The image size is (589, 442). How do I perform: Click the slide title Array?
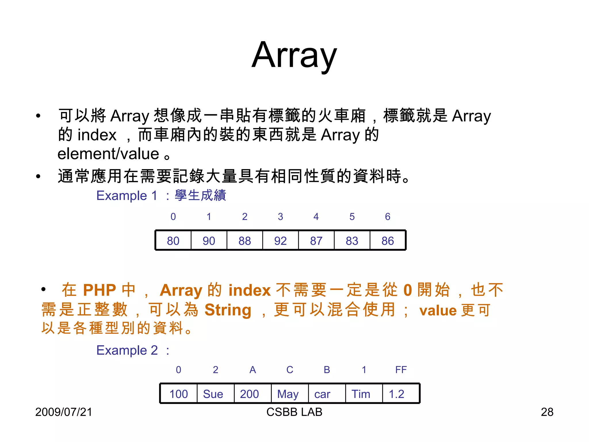click(x=294, y=55)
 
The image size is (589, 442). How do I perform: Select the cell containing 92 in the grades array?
click(x=280, y=241)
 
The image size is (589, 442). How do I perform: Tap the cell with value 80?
click(x=173, y=241)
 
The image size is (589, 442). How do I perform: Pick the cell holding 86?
click(x=387, y=241)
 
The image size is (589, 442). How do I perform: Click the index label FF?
click(x=401, y=369)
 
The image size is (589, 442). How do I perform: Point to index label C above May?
click(x=290, y=369)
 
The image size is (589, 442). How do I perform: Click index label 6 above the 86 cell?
click(x=388, y=216)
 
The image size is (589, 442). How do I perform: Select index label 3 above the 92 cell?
click(x=280, y=216)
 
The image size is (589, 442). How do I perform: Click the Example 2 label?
click(x=127, y=350)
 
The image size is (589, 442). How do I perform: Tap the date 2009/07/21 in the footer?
click(x=64, y=412)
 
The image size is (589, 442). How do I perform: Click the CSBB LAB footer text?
click(x=294, y=412)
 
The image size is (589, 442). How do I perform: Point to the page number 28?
click(x=547, y=412)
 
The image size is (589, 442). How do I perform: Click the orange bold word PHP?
click(x=100, y=290)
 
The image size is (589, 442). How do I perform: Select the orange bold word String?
click(x=228, y=310)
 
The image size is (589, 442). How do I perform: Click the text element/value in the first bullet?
click(x=108, y=154)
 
